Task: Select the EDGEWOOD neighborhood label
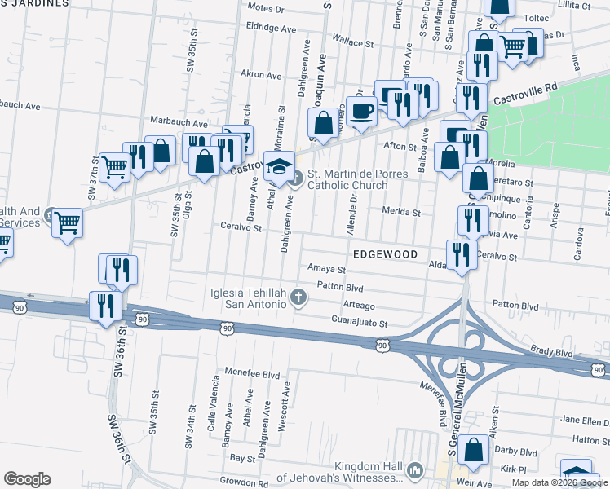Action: point(385,254)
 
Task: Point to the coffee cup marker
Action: point(361,112)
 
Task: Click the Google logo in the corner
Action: point(27,479)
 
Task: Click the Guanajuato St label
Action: point(358,324)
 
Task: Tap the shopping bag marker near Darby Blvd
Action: point(473,451)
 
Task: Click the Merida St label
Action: point(401,212)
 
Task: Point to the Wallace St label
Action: point(346,40)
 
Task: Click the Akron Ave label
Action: point(261,74)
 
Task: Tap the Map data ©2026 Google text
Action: point(559,482)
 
